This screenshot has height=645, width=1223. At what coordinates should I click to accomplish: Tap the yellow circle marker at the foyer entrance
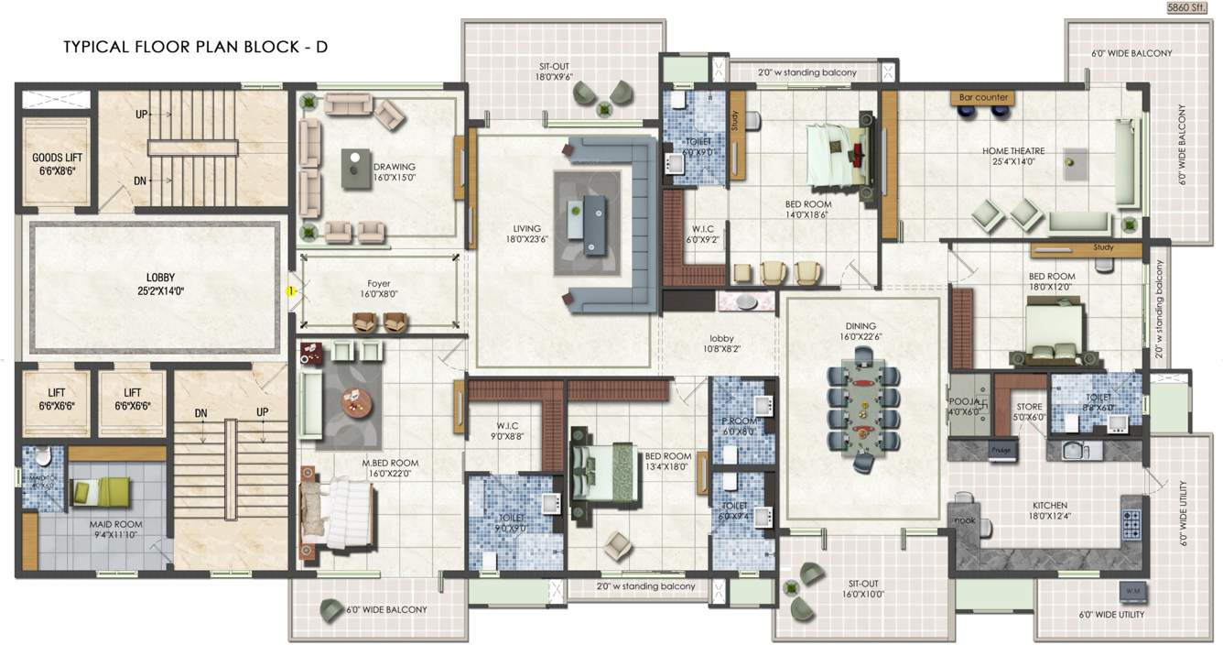pos(290,291)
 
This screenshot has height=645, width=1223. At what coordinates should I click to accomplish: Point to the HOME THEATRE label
pos(1013,157)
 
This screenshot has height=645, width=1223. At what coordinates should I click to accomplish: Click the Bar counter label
pos(983,97)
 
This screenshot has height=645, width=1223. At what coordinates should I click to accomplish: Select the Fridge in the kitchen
pos(999,450)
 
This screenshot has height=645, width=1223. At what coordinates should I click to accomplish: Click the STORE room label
pos(1030,411)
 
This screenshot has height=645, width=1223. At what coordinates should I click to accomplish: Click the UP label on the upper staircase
pos(141,115)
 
